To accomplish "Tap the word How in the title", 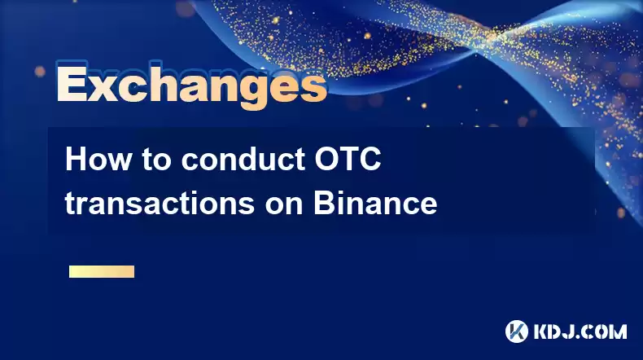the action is click(98, 160).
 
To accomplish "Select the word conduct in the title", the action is click(243, 160).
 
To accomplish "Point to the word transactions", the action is click(160, 203).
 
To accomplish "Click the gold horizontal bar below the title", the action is click(102, 271).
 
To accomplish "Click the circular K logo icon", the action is click(517, 331).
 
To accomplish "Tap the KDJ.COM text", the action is click(580, 331).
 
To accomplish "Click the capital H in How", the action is click(76, 160).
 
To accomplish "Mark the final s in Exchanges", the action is click(313, 88).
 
